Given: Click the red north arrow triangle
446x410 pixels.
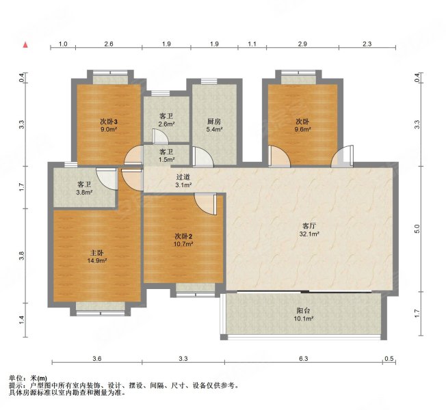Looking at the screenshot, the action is (25, 45).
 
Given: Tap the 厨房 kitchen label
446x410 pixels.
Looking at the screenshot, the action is (214, 122).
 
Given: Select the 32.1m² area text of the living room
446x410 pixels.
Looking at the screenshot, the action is (309, 234).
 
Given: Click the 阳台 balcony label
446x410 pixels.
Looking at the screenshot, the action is (303, 311).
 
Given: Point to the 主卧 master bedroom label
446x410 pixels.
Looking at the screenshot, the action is (96, 253).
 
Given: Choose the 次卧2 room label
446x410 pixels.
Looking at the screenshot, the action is (183, 236).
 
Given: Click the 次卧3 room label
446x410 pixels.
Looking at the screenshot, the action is (109, 122).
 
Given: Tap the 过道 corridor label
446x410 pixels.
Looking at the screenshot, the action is (183, 177).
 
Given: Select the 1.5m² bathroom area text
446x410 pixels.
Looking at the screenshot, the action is (167, 159).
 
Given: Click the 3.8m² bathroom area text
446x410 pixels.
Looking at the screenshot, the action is (85, 193).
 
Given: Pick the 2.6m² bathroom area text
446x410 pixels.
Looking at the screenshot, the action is (167, 124).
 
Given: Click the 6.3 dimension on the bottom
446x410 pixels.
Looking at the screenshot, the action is (303, 359).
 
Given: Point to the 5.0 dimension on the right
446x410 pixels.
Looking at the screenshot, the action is (417, 229).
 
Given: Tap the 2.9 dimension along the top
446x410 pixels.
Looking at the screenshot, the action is (302, 44).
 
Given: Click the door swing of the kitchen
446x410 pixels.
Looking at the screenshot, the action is (202, 156).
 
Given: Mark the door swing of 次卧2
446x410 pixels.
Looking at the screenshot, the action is (205, 204).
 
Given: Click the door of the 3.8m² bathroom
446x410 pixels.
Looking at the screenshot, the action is (107, 179).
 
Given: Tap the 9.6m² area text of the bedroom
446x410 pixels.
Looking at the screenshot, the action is (302, 130).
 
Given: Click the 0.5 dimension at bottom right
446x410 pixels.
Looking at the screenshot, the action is (389, 359).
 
